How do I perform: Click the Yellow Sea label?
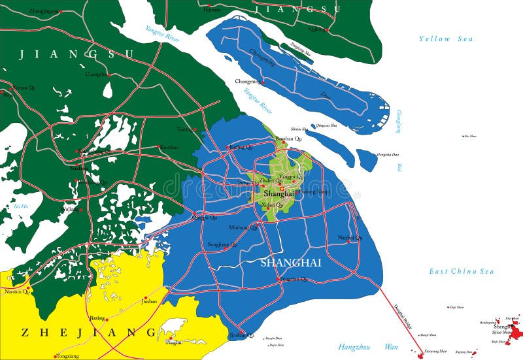coord(445,39)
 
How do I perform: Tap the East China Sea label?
coord(462,271)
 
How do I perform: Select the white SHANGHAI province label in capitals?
coord(291,263)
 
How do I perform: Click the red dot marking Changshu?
coord(109,74)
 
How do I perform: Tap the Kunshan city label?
coord(169,147)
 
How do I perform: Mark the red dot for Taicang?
coord(195,130)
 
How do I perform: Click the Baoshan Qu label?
coord(288,139)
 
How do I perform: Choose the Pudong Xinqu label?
coord(314,192)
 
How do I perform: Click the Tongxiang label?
coord(68,356)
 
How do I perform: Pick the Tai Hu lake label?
coord(20,206)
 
